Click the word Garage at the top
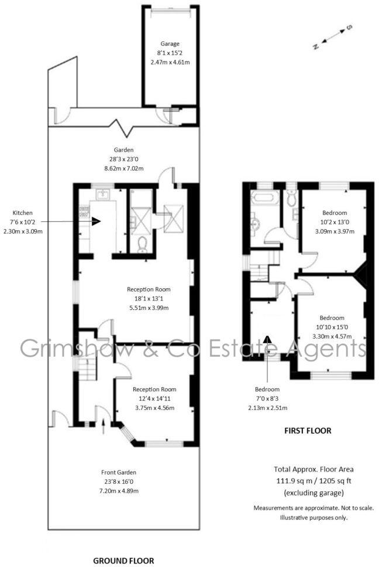170,43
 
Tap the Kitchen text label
22,213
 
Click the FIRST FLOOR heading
307,431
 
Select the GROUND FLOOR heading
123,561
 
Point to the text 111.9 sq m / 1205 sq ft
313,479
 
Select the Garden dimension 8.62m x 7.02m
123,169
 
